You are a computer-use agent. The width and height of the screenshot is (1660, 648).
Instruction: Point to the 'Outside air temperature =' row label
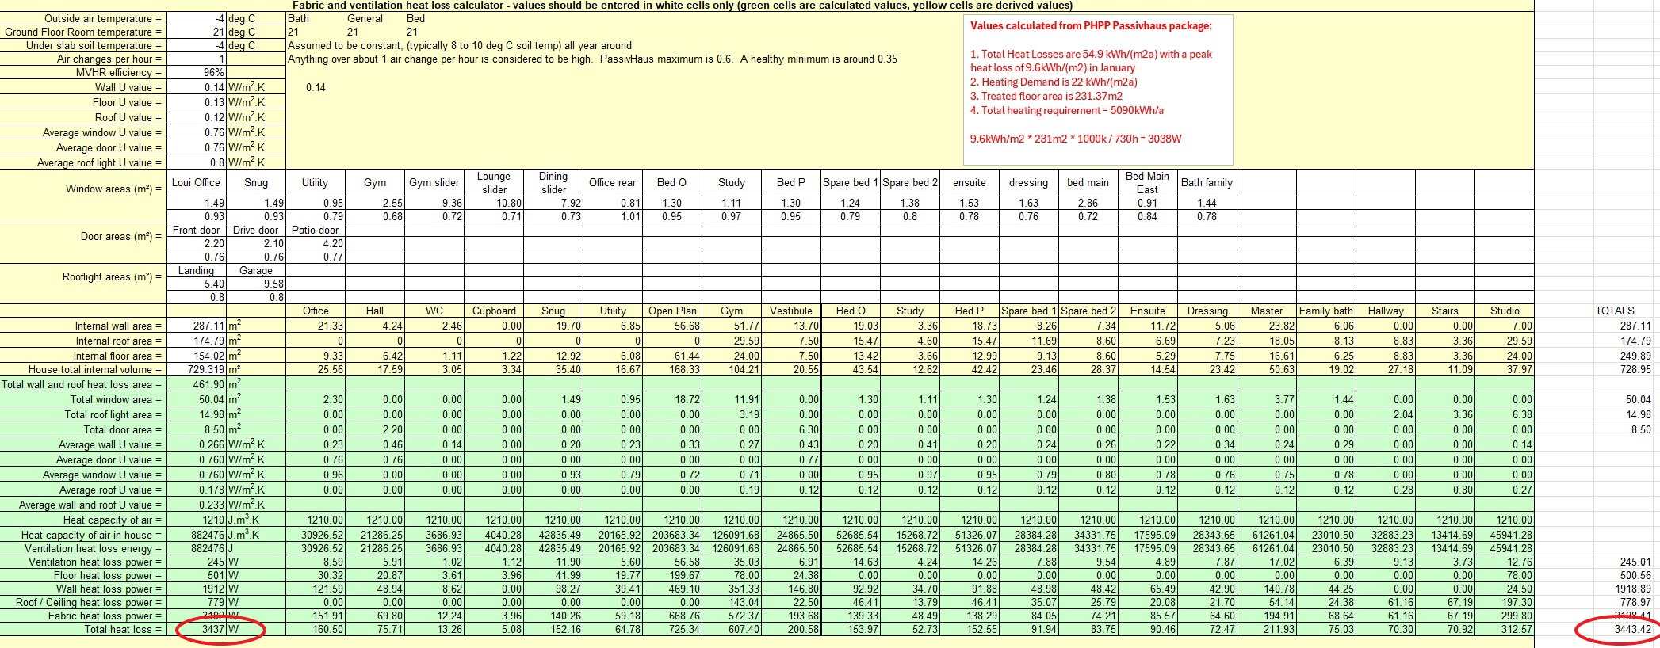coord(103,18)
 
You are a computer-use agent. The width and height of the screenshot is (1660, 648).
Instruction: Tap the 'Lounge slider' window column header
coord(494,183)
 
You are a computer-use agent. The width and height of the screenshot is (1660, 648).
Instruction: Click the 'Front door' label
coord(196,230)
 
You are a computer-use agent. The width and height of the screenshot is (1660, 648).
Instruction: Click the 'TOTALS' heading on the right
coord(1615,311)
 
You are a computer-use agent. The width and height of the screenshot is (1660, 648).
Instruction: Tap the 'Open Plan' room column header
coord(672,311)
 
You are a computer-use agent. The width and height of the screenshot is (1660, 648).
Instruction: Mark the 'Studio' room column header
coord(1505,311)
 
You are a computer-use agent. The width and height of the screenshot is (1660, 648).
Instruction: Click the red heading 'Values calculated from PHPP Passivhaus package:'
coord(1091,25)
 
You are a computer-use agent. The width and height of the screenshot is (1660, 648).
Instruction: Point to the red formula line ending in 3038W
coord(1076,139)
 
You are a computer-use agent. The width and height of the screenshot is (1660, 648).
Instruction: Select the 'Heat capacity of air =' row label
coord(113,520)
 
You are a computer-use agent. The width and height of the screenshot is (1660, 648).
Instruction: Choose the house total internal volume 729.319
coord(208,370)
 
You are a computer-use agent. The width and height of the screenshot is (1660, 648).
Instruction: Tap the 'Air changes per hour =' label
coord(109,59)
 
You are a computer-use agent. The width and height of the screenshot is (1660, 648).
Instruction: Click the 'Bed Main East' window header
coord(1147,183)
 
